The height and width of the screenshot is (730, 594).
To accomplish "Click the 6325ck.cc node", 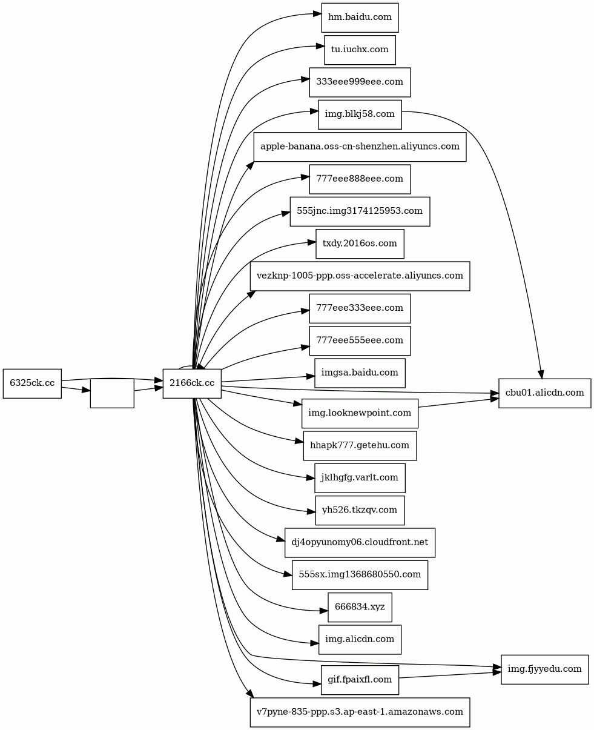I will tap(32, 383).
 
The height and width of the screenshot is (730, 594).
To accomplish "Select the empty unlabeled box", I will tap(112, 393).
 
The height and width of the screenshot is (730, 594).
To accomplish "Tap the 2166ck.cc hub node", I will tap(192, 383).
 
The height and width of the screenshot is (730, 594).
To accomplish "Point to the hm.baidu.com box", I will tap(360, 18).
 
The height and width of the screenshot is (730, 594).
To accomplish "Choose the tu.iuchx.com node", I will tap(360, 50).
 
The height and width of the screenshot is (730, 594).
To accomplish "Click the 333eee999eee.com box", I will tap(360, 82).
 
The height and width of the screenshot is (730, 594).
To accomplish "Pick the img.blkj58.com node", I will tap(360, 114).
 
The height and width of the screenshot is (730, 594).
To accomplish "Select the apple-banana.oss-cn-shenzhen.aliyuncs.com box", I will tap(360, 147).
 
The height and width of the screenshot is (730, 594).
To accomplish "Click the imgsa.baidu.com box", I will tap(360, 373).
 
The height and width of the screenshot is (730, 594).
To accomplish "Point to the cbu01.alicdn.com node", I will tap(544, 393).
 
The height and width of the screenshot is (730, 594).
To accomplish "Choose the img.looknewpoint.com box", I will tap(360, 413).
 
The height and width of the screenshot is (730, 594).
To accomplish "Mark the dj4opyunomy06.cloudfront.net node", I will tap(360, 542).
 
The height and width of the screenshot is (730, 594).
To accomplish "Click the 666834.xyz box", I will tap(360, 607).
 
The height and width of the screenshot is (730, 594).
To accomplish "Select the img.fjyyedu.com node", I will tap(544, 669).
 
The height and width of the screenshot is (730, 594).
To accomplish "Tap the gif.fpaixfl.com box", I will tap(360, 680).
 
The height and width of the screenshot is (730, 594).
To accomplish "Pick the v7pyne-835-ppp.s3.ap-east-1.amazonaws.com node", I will tap(360, 712).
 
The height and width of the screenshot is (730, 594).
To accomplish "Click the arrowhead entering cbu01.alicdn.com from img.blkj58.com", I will tap(541, 373).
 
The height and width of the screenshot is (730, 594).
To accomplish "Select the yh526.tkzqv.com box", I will tap(360, 510).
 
